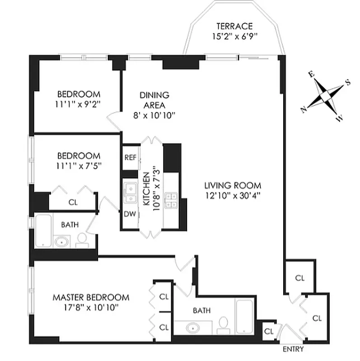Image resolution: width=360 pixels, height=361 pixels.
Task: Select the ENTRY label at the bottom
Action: pos(293,349)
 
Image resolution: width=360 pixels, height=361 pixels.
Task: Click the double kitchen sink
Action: pos(131,193)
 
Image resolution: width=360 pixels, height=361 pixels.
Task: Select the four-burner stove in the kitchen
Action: pos(172,200)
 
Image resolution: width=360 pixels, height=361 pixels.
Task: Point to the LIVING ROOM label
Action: pos(232,185)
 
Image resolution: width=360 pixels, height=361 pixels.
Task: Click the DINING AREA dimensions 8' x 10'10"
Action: pos(154,115)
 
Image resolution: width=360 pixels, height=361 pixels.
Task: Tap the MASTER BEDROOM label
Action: pos(91,297)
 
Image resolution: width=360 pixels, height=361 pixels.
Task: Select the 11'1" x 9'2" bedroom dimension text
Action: pos(78,103)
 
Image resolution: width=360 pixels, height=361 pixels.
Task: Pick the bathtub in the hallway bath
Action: pos(44,230)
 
